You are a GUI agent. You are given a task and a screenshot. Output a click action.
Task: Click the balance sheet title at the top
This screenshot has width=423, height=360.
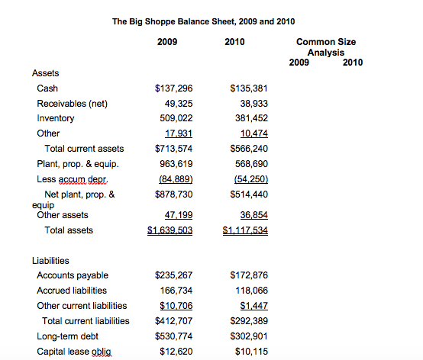pyautogui.click(x=203, y=22)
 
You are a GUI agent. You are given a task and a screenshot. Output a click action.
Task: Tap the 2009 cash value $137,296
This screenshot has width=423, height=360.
pyautogui.click(x=173, y=88)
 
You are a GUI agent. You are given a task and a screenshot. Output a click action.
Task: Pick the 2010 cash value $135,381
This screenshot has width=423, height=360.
pyautogui.click(x=248, y=88)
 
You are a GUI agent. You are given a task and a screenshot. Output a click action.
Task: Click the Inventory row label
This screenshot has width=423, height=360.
pyautogui.click(x=56, y=118)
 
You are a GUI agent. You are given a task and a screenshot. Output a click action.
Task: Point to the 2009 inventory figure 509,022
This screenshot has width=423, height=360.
pyautogui.click(x=175, y=118)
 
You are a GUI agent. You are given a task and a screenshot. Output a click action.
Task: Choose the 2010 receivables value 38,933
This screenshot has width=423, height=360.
pyautogui.click(x=252, y=103)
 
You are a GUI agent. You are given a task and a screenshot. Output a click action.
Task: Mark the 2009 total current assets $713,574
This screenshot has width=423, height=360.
pyautogui.click(x=173, y=148)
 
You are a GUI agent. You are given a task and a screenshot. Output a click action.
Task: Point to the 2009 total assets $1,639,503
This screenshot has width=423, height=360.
pyautogui.click(x=170, y=230)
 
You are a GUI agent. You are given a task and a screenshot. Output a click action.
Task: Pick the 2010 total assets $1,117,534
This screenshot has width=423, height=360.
pyautogui.click(x=245, y=230)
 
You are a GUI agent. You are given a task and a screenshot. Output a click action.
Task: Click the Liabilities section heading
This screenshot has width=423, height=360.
pyautogui.click(x=51, y=261)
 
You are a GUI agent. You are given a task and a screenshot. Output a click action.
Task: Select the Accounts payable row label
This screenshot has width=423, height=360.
pyautogui.click(x=73, y=275)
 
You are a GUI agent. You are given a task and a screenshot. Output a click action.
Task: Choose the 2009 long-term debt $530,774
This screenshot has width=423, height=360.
pyautogui.click(x=173, y=336)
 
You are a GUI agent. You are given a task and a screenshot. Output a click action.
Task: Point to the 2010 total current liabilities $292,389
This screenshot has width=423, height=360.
pyautogui.click(x=248, y=320)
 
